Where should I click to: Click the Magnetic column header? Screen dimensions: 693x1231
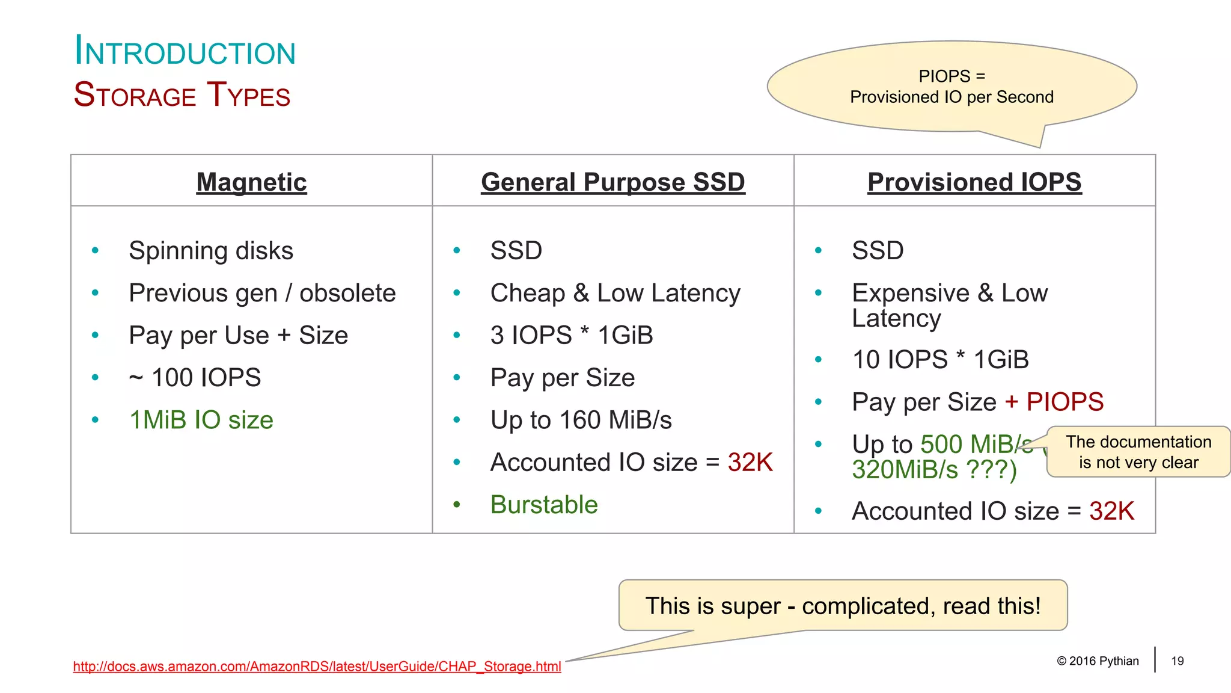(x=251, y=182)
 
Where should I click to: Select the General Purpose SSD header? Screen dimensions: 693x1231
(x=612, y=182)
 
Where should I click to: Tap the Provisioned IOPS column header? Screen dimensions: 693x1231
(x=974, y=182)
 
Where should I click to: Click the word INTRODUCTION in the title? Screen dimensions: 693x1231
(x=185, y=52)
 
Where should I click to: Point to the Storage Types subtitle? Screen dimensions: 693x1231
(x=182, y=95)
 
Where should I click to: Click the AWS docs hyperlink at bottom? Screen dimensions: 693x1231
(x=317, y=667)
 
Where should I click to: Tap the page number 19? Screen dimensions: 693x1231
(x=1177, y=661)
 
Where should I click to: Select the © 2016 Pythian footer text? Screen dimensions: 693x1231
(x=1098, y=661)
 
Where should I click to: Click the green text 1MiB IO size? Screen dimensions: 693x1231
(x=201, y=420)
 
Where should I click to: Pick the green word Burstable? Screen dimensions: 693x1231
(x=544, y=505)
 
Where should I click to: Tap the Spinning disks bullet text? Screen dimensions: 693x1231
(x=211, y=251)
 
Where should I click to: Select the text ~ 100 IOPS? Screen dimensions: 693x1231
(x=195, y=378)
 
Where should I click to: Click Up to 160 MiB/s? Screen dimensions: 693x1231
(x=581, y=420)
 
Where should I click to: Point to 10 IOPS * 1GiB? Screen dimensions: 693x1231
(x=940, y=360)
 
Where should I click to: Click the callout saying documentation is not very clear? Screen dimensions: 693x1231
(x=1138, y=452)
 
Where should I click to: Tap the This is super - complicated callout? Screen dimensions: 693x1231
(x=843, y=606)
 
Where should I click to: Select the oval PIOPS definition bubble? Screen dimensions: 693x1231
(x=952, y=87)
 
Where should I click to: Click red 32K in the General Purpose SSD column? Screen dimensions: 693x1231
(x=750, y=463)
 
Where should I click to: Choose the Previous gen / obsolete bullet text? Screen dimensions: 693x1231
(x=262, y=294)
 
